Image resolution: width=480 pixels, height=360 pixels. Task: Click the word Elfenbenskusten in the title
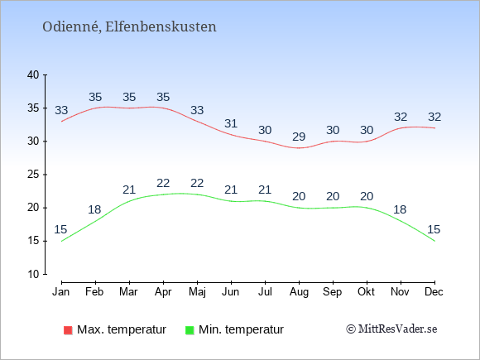[x=161, y=26]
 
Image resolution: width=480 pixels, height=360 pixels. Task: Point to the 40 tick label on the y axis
[x=33, y=74]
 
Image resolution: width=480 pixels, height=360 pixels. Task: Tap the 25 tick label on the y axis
[x=33, y=175]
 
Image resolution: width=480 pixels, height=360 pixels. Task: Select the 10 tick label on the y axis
[x=33, y=274]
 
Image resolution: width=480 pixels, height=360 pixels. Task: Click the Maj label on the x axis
[x=197, y=292]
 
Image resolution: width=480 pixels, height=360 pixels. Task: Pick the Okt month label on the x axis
[x=366, y=292]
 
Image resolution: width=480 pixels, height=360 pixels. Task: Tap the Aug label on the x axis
[x=299, y=292]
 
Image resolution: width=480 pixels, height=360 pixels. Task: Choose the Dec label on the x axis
[x=434, y=292]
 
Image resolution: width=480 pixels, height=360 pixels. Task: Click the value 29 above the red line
[x=299, y=137]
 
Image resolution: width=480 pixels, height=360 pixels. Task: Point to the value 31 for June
[x=231, y=123]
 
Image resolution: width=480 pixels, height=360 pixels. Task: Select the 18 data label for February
[x=94, y=209]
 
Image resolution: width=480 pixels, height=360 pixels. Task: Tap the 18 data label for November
[x=400, y=209]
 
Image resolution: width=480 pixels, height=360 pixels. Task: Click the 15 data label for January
[x=60, y=229]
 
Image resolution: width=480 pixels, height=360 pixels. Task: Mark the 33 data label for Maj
[x=197, y=110]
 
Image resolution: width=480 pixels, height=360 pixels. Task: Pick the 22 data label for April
[x=163, y=184]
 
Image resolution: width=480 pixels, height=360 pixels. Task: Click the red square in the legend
[x=68, y=330]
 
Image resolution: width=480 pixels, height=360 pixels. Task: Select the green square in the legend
[x=190, y=330]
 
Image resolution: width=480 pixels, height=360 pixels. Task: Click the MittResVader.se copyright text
[x=391, y=329]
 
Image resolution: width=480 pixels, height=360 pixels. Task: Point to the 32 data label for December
[x=434, y=117]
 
